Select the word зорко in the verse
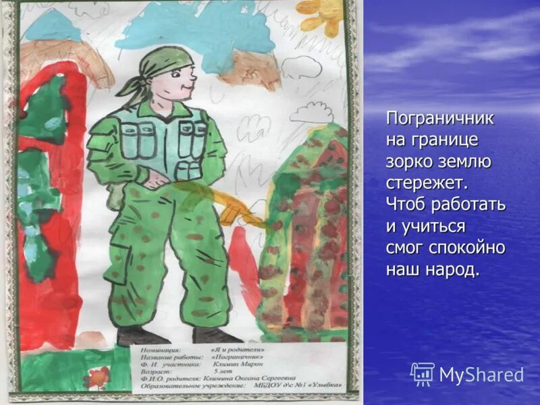pyautogui.click(x=409, y=161)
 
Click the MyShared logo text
pyautogui.click(x=481, y=375)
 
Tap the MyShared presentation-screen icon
pyautogui.click(x=423, y=374)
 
